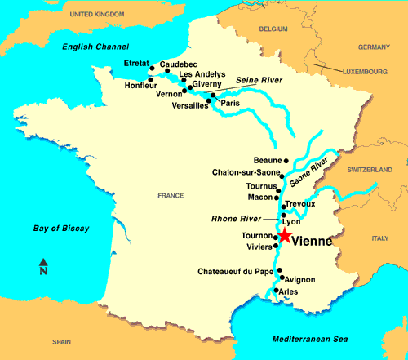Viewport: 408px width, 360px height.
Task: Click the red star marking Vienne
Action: (x=283, y=236)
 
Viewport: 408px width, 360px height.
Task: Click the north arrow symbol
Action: (x=43, y=267)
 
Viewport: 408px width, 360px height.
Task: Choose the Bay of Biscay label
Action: (x=56, y=228)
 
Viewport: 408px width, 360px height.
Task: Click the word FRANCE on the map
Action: (x=171, y=197)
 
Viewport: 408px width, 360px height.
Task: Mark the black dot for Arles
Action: (x=276, y=291)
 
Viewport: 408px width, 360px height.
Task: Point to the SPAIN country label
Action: (x=62, y=344)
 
